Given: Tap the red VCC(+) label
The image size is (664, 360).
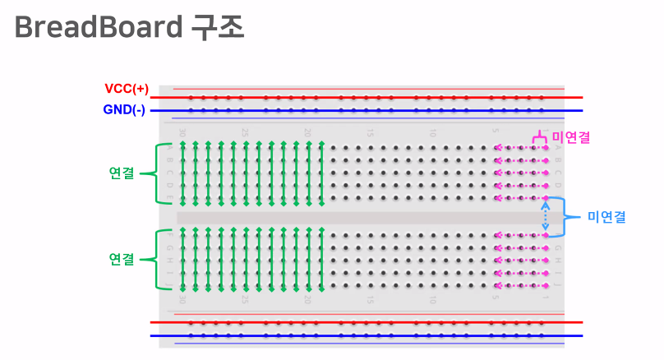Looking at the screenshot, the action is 127,89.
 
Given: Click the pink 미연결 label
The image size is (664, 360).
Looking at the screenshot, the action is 571,136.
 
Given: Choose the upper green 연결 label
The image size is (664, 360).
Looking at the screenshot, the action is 122,173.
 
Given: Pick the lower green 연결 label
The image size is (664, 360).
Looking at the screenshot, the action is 122,259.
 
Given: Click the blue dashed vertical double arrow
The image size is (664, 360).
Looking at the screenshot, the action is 545,217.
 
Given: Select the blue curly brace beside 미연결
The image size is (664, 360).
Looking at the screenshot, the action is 566,217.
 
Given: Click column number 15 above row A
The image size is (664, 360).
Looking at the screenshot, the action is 371,132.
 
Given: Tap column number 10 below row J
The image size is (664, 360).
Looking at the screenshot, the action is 433,300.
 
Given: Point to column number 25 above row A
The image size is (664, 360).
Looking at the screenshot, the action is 245,132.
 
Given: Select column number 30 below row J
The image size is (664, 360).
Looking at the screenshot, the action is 182,300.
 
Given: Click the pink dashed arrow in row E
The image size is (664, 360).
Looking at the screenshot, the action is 521,198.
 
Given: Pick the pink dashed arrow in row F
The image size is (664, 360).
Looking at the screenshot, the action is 521,236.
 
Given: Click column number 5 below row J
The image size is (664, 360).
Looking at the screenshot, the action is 496,300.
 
